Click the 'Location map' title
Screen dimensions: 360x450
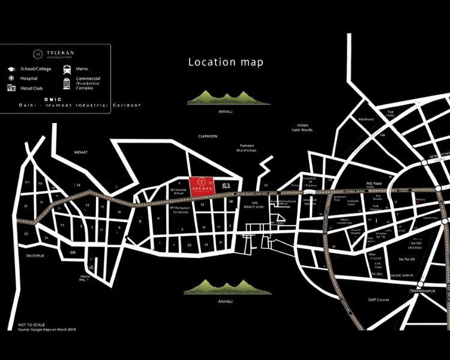(x=226, y=62)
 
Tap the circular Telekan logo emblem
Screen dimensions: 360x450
(x=37, y=54)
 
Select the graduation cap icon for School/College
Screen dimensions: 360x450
(x=11, y=69)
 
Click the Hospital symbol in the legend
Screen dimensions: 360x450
(x=11, y=79)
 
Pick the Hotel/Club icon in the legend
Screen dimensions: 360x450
(x=11, y=88)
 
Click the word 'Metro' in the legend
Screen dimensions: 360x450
(x=82, y=69)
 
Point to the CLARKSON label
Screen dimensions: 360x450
(x=208, y=136)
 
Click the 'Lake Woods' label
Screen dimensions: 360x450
(x=302, y=129)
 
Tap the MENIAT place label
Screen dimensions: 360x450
(x=80, y=152)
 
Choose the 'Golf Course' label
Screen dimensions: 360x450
(x=379, y=299)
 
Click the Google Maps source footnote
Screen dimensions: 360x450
(x=47, y=329)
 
